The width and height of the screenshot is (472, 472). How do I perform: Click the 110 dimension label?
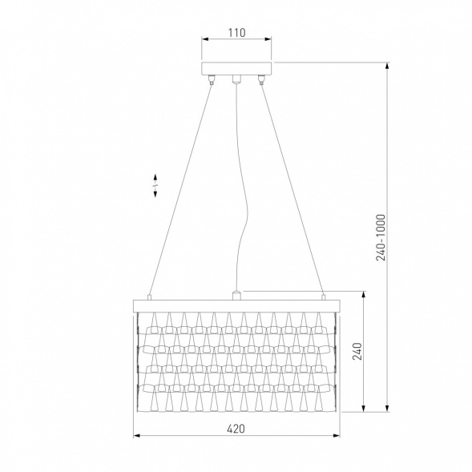[x=236, y=33]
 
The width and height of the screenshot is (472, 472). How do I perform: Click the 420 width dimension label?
[x=236, y=429]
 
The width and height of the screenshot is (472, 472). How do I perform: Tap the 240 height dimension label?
[x=357, y=351]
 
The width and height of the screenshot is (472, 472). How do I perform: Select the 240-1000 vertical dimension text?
[x=381, y=237]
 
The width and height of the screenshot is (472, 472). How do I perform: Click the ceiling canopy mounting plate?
[x=236, y=68]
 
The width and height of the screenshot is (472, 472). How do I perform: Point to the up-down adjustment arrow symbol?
[x=155, y=185]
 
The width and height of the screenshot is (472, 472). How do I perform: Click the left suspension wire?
[x=180, y=191]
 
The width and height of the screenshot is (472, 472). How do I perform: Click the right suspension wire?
[x=292, y=190]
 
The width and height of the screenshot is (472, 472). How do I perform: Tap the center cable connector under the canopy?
[x=236, y=79]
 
